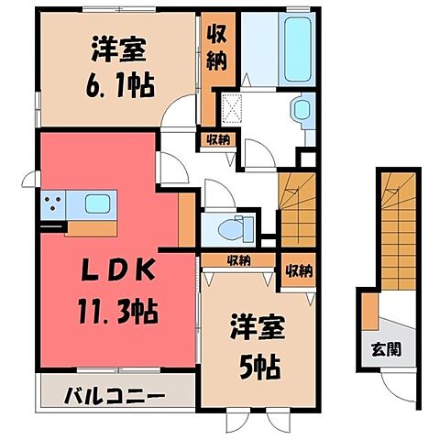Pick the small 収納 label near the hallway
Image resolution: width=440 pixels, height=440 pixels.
click(x=218, y=140)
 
